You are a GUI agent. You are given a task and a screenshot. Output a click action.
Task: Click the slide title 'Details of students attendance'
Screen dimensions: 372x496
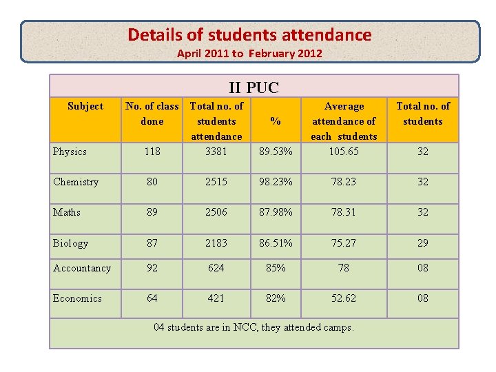pyautogui.click(x=249, y=35)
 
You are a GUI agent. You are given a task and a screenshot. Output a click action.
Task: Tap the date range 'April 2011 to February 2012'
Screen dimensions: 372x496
pyautogui.click(x=249, y=53)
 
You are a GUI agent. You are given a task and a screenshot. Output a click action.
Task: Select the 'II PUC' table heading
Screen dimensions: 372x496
pyautogui.click(x=254, y=87)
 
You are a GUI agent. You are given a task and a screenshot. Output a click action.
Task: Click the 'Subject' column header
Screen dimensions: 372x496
pyautogui.click(x=85, y=106)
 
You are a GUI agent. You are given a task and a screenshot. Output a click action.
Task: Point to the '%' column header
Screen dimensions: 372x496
pyautogui.click(x=276, y=121)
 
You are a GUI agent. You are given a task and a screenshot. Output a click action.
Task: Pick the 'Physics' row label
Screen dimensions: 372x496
pyautogui.click(x=70, y=152)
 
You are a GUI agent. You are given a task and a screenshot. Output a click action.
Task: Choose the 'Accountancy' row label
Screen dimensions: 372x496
pyautogui.click(x=81, y=268)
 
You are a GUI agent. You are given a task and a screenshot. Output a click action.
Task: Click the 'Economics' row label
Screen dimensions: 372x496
pyautogui.click(x=77, y=298)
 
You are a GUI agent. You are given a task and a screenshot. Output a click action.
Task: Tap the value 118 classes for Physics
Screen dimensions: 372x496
pyautogui.click(x=152, y=152)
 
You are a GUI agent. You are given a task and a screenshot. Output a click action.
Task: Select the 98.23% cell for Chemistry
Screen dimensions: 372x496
pyautogui.click(x=276, y=182)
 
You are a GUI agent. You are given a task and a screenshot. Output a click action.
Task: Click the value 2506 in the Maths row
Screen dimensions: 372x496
pyautogui.click(x=216, y=212)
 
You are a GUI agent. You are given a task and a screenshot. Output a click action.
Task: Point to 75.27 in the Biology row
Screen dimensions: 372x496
pyautogui.click(x=344, y=242)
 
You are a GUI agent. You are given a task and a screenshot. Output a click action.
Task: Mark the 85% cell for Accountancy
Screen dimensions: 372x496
pyautogui.click(x=276, y=268)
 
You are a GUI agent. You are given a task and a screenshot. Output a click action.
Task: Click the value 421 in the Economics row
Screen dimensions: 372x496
pyautogui.click(x=216, y=298)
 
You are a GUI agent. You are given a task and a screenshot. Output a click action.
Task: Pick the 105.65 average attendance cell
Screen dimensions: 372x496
pyautogui.click(x=344, y=152)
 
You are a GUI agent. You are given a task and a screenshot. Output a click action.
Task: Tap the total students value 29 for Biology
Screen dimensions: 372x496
pyautogui.click(x=423, y=242)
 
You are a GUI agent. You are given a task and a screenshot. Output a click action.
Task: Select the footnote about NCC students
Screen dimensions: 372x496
pyautogui.click(x=254, y=327)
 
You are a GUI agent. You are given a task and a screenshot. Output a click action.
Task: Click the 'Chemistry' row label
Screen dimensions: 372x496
pyautogui.click(x=76, y=182)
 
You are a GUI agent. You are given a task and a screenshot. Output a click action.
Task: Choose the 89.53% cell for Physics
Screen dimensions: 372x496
pyautogui.click(x=276, y=152)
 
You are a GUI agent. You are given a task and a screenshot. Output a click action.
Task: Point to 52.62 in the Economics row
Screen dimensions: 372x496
pyautogui.click(x=344, y=298)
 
